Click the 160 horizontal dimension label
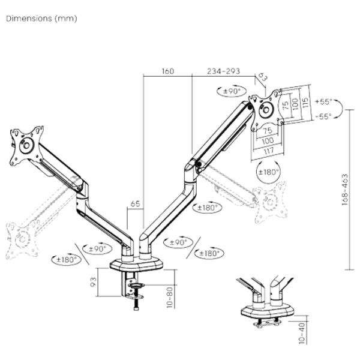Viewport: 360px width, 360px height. point(167,72)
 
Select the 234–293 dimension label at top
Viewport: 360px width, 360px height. point(224,72)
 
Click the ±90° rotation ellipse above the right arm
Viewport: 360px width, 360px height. point(230,91)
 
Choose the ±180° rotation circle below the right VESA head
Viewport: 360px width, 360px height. point(267,170)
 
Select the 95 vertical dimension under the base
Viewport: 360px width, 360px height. point(94,282)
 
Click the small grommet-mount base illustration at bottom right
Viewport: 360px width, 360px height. point(267,306)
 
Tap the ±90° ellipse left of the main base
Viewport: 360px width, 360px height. point(96,247)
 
